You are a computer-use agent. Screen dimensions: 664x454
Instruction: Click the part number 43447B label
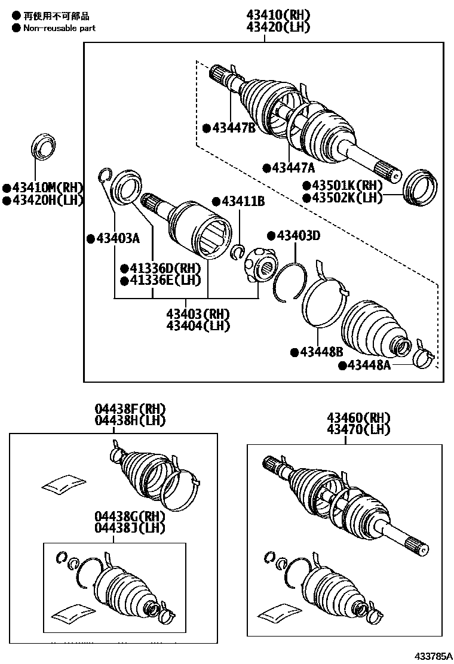click(232, 128)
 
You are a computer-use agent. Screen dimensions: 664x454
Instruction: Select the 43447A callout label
click(292, 168)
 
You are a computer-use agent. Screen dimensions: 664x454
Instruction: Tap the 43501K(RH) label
click(346, 186)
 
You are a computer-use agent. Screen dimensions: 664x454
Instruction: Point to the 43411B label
click(239, 201)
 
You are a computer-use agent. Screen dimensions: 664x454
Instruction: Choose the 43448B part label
click(320, 352)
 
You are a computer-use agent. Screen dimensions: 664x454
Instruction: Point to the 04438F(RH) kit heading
click(130, 410)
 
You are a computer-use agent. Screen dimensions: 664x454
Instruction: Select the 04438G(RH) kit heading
click(130, 516)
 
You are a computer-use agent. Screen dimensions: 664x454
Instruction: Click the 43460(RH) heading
click(358, 418)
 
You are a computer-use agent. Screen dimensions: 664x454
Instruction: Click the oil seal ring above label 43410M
click(42, 148)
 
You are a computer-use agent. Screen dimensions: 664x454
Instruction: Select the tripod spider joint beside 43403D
click(259, 266)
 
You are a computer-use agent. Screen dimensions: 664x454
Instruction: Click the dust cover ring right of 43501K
click(421, 187)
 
